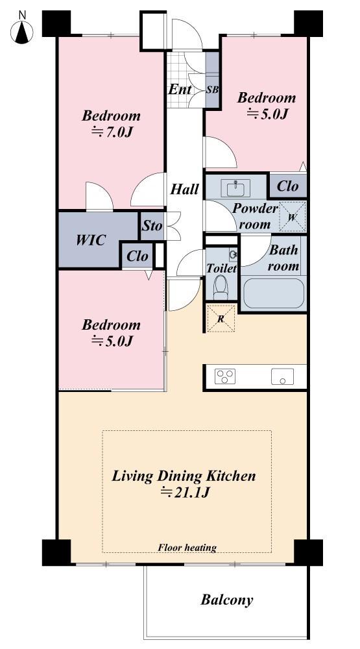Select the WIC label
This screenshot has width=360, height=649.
click(91, 239)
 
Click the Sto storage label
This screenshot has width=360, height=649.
click(152, 226)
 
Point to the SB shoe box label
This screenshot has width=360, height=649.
click(212, 90)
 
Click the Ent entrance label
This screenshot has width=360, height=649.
click(180, 89)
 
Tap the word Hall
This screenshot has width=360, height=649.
click(185, 189)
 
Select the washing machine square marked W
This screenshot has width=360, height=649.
click(292, 217)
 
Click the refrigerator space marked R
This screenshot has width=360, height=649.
click(221, 318)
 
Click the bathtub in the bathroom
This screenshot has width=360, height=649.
click(274, 293)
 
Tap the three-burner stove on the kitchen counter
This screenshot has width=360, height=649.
click(225, 376)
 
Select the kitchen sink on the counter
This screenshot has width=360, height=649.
click(283, 376)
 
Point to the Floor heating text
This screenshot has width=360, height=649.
click(187, 548)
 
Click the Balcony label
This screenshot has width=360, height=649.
click(227, 600)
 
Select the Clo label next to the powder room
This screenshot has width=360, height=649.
click(287, 186)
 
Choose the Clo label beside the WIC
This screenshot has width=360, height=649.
click(138, 256)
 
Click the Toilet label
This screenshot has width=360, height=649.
click(221, 268)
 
